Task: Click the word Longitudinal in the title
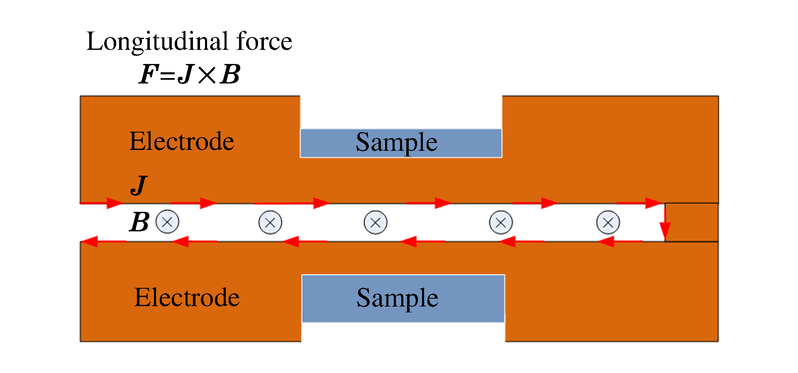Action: pos(158,42)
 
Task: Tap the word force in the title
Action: pos(264,42)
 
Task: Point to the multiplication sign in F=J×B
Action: pos(207,75)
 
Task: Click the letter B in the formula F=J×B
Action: pos(230,74)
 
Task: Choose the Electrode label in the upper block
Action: pos(182,141)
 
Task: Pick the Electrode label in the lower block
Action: pos(187,297)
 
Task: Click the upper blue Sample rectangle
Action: pos(400,143)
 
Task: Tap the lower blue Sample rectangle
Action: pos(403,298)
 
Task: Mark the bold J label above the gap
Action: pos(139,185)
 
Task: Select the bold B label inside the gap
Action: pos(139,222)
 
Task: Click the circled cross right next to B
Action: pos(167,222)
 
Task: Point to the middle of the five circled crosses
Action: pos(376,223)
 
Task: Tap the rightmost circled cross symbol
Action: pos(608,223)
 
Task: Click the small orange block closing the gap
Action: pos(692,222)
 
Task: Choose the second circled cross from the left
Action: pos(270,223)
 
